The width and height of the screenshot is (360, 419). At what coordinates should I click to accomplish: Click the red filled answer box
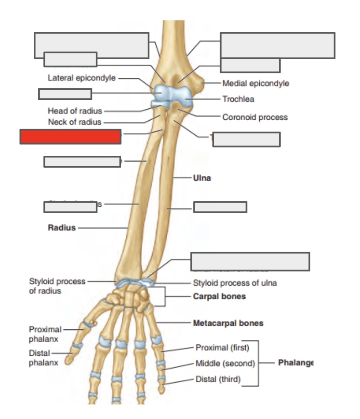click(x=70, y=137)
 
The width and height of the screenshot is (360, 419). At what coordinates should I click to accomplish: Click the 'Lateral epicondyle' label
click(x=82, y=78)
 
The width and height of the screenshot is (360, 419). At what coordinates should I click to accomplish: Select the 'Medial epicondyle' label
click(x=255, y=83)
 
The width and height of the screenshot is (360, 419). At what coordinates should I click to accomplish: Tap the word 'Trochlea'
click(x=238, y=99)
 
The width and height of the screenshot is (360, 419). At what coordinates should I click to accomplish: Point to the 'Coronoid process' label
click(x=255, y=117)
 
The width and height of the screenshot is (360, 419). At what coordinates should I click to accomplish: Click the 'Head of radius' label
click(x=75, y=111)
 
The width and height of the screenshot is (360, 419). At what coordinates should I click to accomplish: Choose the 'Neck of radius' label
click(x=75, y=122)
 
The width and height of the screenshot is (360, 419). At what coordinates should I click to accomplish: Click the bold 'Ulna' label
click(x=202, y=178)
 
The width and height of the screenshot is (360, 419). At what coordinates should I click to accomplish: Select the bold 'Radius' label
click(x=62, y=228)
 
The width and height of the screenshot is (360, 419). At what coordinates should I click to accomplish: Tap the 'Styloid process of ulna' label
click(x=235, y=283)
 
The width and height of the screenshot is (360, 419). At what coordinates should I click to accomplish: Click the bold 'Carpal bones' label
click(x=219, y=296)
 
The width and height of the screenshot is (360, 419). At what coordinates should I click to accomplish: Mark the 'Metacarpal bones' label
click(x=228, y=323)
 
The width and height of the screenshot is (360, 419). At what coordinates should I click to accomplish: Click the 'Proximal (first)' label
click(x=222, y=348)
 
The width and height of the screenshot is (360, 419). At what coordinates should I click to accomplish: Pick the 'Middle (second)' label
click(x=225, y=363)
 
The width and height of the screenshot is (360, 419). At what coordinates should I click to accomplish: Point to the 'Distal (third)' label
click(x=218, y=379)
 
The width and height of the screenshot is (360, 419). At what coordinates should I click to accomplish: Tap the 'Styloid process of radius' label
click(x=57, y=286)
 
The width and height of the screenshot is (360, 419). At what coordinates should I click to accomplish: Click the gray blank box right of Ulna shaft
click(x=220, y=207)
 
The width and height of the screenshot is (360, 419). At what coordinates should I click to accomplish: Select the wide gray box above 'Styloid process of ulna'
click(x=250, y=261)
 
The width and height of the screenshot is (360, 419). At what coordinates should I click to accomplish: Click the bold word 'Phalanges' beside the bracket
click(x=296, y=363)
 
